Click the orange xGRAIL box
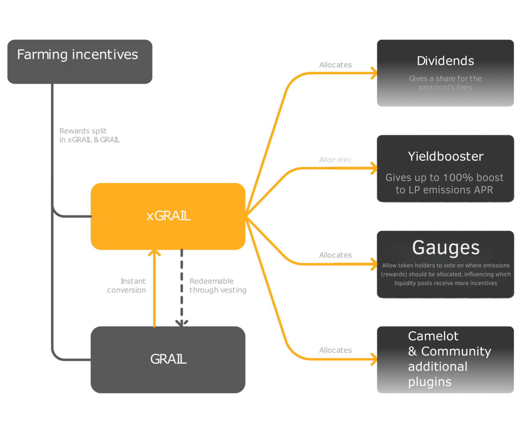(168, 216)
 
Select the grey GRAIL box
(168, 360)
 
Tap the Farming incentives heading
(78, 55)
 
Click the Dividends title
(445, 61)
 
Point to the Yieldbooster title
(446, 157)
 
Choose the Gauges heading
(446, 248)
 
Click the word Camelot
(433, 336)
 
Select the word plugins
(430, 382)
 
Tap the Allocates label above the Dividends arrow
(335, 65)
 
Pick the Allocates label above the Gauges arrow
(335, 255)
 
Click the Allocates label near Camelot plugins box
(335, 350)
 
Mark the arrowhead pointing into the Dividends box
(374, 73)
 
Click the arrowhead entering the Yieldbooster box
(374, 168)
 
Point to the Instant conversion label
(127, 286)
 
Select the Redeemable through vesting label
(218, 286)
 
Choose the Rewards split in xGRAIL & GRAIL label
(89, 135)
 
